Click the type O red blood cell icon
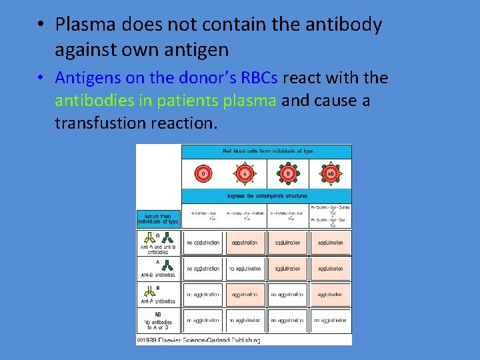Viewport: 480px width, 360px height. (203, 174)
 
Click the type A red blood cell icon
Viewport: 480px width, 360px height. (244, 174)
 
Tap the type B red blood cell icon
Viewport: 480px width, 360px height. (288, 174)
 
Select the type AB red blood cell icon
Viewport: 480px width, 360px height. (330, 174)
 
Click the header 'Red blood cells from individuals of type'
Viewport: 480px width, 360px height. (267, 151)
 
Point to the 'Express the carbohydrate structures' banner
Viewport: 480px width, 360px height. (267, 196)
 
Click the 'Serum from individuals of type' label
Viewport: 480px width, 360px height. (159, 219)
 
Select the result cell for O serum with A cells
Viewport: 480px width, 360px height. (245, 243)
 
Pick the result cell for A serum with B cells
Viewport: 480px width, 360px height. (287, 269)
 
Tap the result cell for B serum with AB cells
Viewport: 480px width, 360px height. (330, 294)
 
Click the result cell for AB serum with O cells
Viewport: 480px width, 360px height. (203, 321)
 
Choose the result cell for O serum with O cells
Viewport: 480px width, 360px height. (203, 243)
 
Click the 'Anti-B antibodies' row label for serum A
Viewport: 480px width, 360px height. (158, 275)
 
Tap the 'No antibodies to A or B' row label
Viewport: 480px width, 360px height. (158, 323)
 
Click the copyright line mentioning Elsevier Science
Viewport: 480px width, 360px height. (198, 340)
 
